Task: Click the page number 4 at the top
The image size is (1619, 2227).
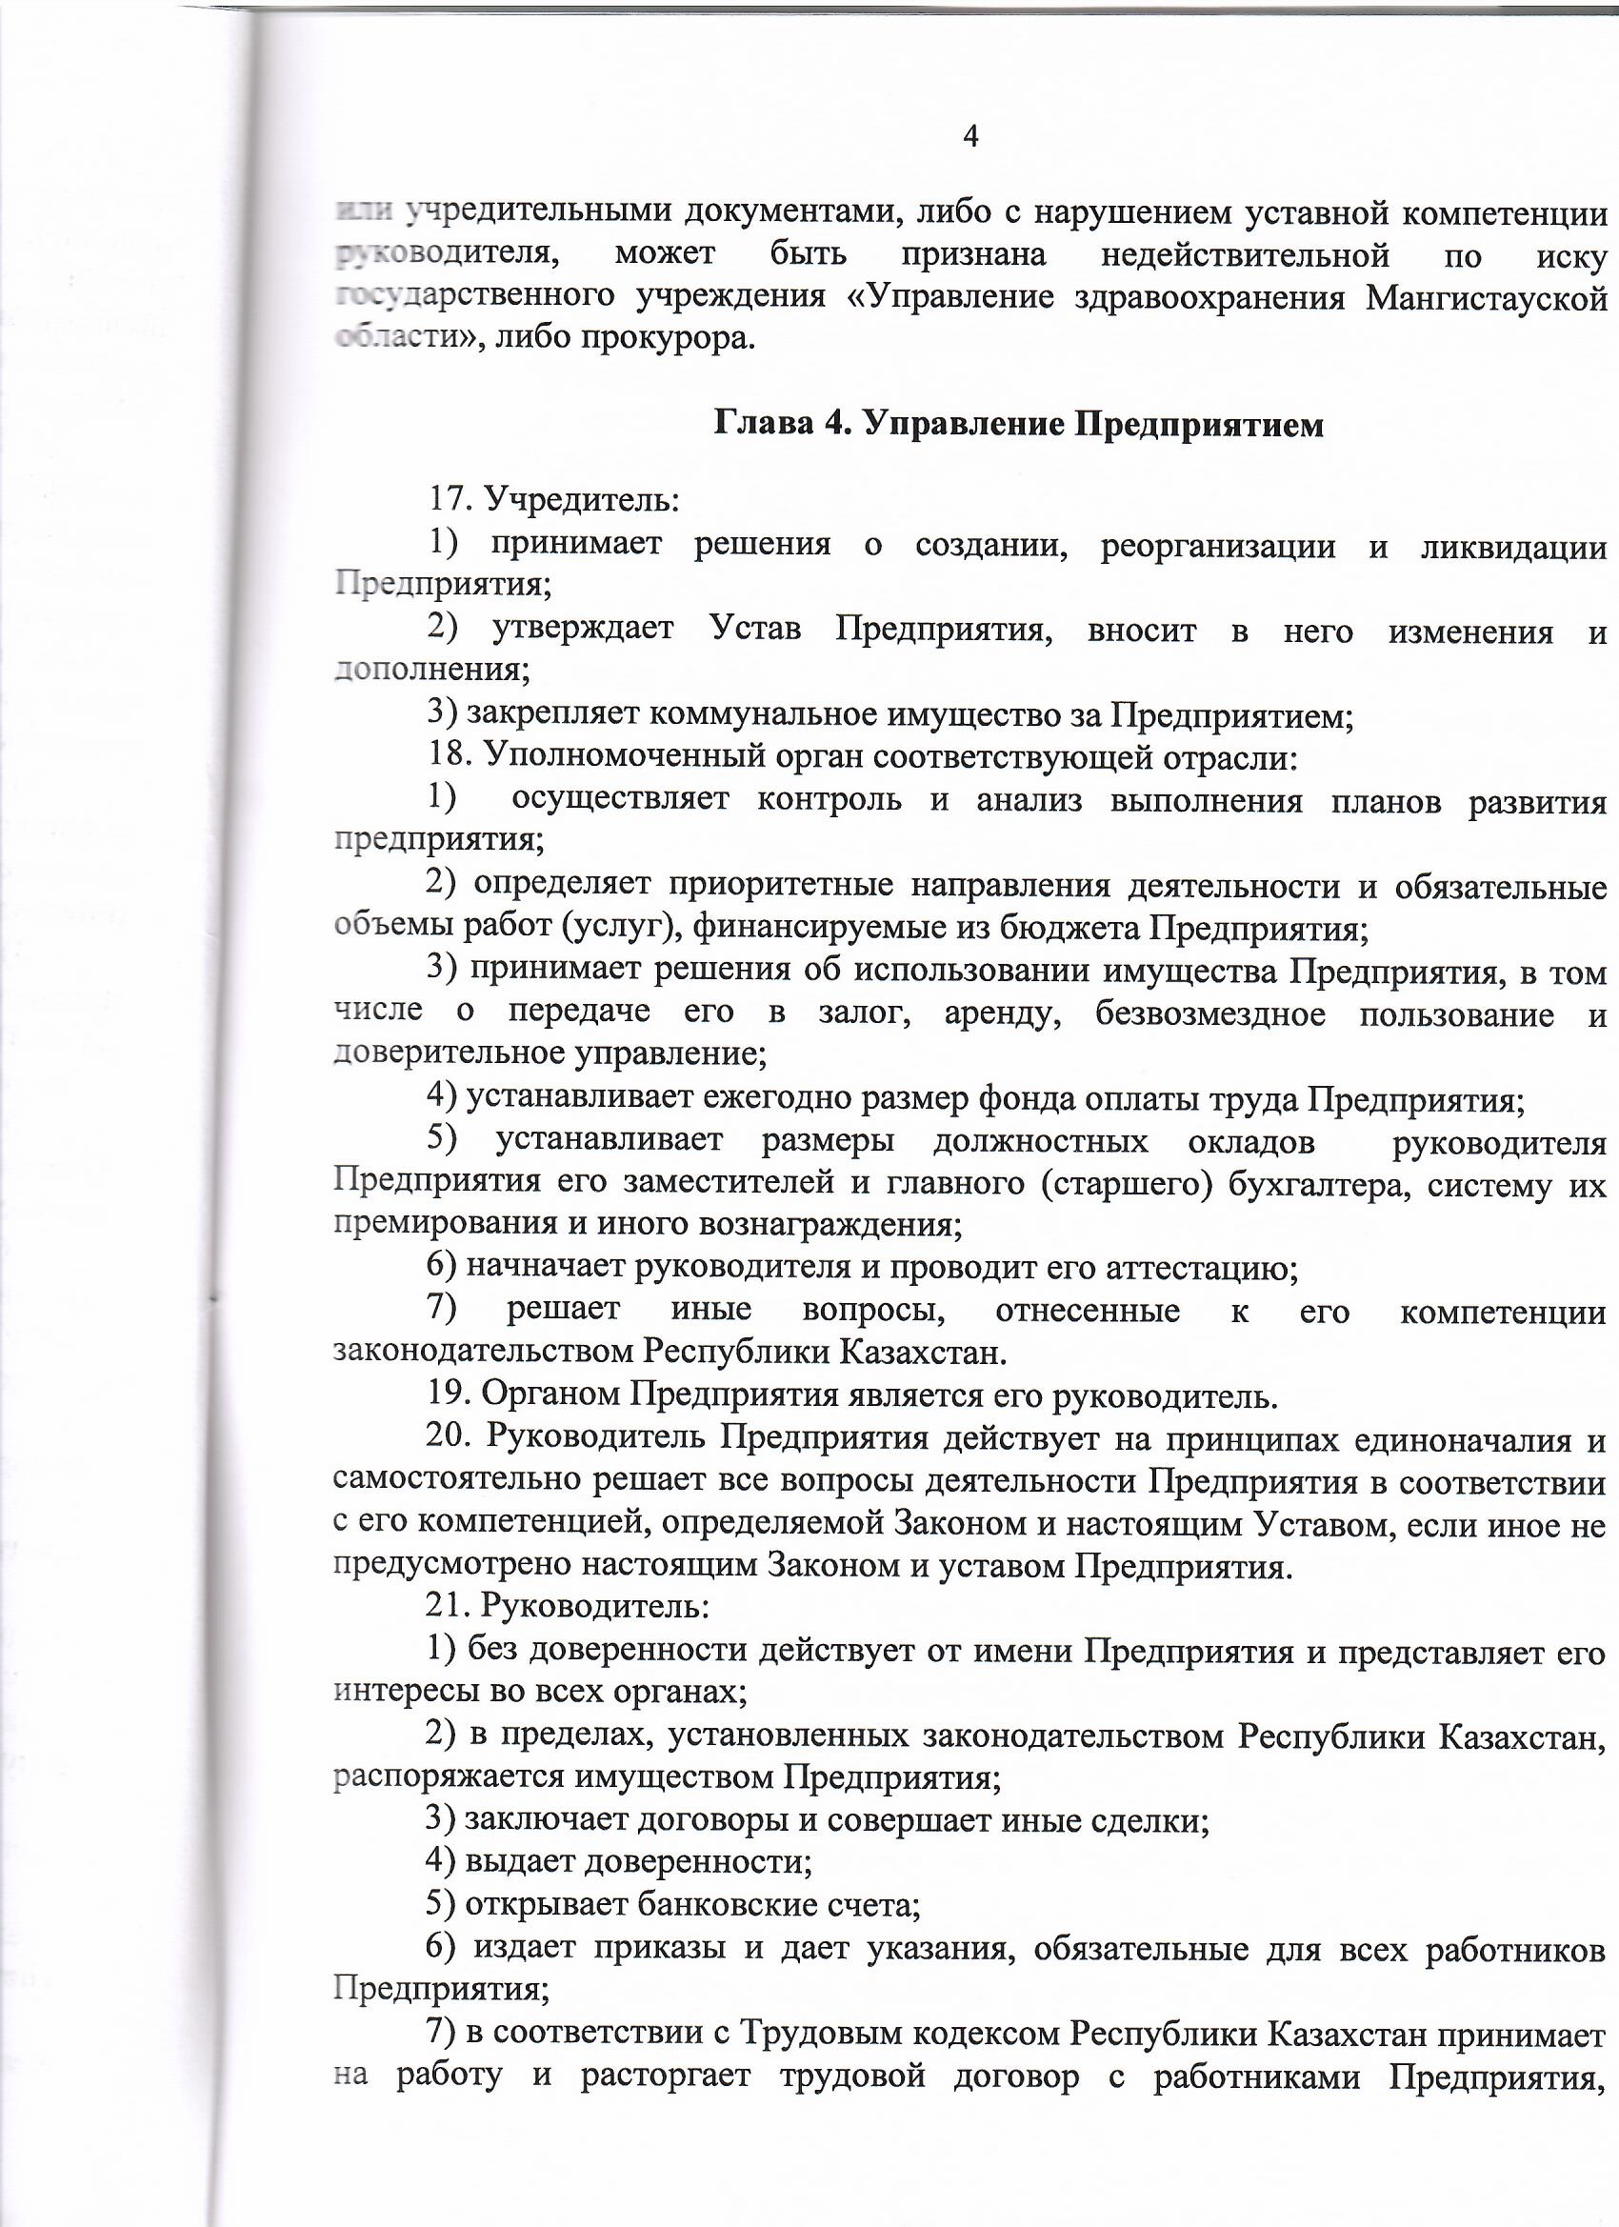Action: tap(970, 136)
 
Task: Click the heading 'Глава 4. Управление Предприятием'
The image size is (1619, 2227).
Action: tap(1018, 425)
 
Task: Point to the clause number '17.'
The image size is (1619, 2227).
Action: tap(452, 500)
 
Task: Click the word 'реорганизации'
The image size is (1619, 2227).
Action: tap(1217, 545)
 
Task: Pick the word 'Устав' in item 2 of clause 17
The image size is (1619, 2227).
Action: tap(754, 630)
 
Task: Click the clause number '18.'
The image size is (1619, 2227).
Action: tap(452, 758)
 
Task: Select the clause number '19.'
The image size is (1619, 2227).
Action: tap(452, 1395)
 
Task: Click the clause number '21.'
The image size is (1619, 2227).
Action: tap(450, 1608)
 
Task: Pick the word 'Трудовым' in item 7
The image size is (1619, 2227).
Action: tap(821, 2034)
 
